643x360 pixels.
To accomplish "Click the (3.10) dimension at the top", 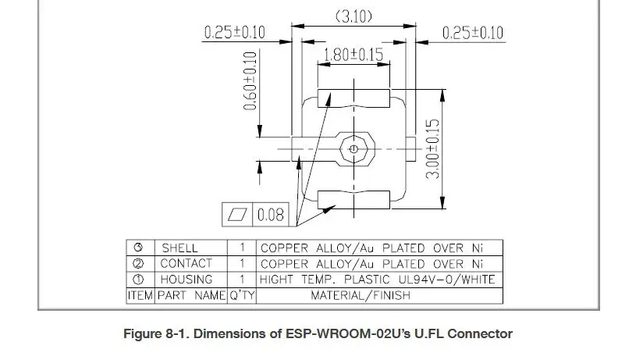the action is (x=354, y=17).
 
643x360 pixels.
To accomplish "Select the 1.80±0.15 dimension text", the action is (x=353, y=55).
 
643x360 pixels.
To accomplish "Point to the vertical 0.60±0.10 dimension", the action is (x=250, y=81).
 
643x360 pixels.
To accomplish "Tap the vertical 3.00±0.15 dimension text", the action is (x=432, y=149).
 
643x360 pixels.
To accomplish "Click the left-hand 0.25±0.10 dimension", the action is (x=235, y=33).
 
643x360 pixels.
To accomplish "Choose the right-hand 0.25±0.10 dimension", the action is (x=472, y=33).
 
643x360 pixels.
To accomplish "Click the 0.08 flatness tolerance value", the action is (x=271, y=215).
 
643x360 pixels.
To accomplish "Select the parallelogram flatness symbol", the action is (x=237, y=214).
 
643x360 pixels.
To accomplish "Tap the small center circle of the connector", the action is (x=353, y=149).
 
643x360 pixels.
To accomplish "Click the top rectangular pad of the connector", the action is (x=353, y=98).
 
